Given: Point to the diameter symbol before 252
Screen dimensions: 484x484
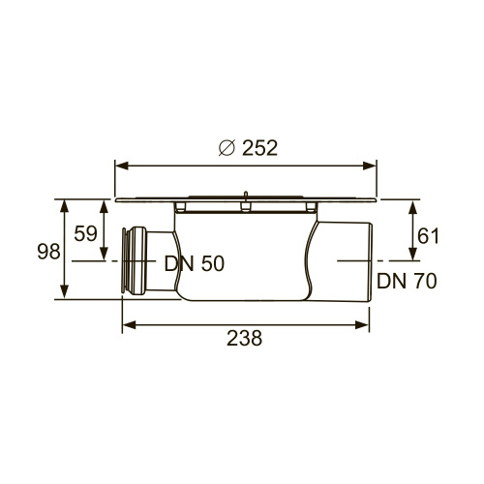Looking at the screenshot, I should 227,148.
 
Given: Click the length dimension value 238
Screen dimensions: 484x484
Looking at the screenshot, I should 245,338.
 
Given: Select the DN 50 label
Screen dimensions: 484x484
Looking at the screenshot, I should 194,264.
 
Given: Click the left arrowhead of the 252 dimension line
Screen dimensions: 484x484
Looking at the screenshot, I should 121,163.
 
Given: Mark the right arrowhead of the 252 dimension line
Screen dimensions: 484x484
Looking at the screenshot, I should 376,163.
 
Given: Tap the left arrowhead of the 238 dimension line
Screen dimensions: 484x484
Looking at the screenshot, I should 127,326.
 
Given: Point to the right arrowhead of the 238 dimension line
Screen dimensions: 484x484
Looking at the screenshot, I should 369,326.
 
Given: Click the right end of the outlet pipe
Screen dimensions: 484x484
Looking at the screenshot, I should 371,261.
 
